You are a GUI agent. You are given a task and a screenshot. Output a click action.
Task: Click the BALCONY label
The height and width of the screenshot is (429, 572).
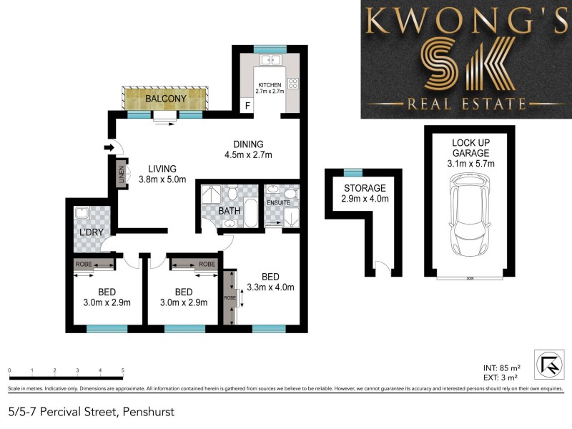tap(165, 99)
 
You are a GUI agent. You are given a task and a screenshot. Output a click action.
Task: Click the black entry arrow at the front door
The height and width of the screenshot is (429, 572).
tap(109, 148)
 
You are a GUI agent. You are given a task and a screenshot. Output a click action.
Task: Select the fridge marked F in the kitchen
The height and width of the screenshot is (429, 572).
tap(247, 107)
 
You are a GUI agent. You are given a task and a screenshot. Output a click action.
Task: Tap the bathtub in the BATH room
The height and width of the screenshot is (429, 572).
tap(250, 212)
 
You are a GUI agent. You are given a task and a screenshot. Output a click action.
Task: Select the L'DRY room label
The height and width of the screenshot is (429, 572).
tap(92, 233)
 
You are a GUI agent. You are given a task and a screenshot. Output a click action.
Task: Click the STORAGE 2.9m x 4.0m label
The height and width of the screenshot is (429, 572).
tap(364, 193)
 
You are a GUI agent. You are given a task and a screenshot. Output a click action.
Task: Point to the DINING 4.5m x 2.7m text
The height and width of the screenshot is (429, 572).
tap(248, 149)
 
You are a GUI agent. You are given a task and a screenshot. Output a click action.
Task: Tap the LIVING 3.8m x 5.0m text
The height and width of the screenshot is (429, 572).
tap(162, 174)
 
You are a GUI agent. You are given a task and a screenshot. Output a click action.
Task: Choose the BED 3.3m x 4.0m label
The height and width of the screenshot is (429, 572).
tap(270, 282)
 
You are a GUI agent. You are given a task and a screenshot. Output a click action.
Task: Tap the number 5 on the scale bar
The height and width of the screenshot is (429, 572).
tap(123, 370)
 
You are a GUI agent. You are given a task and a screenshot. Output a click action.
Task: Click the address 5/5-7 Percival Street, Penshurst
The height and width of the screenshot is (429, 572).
tap(91, 412)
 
